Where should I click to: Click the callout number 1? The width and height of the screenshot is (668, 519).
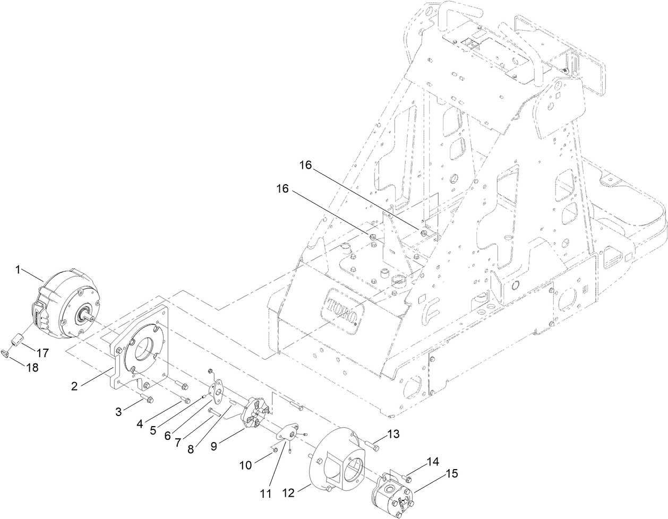18,270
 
